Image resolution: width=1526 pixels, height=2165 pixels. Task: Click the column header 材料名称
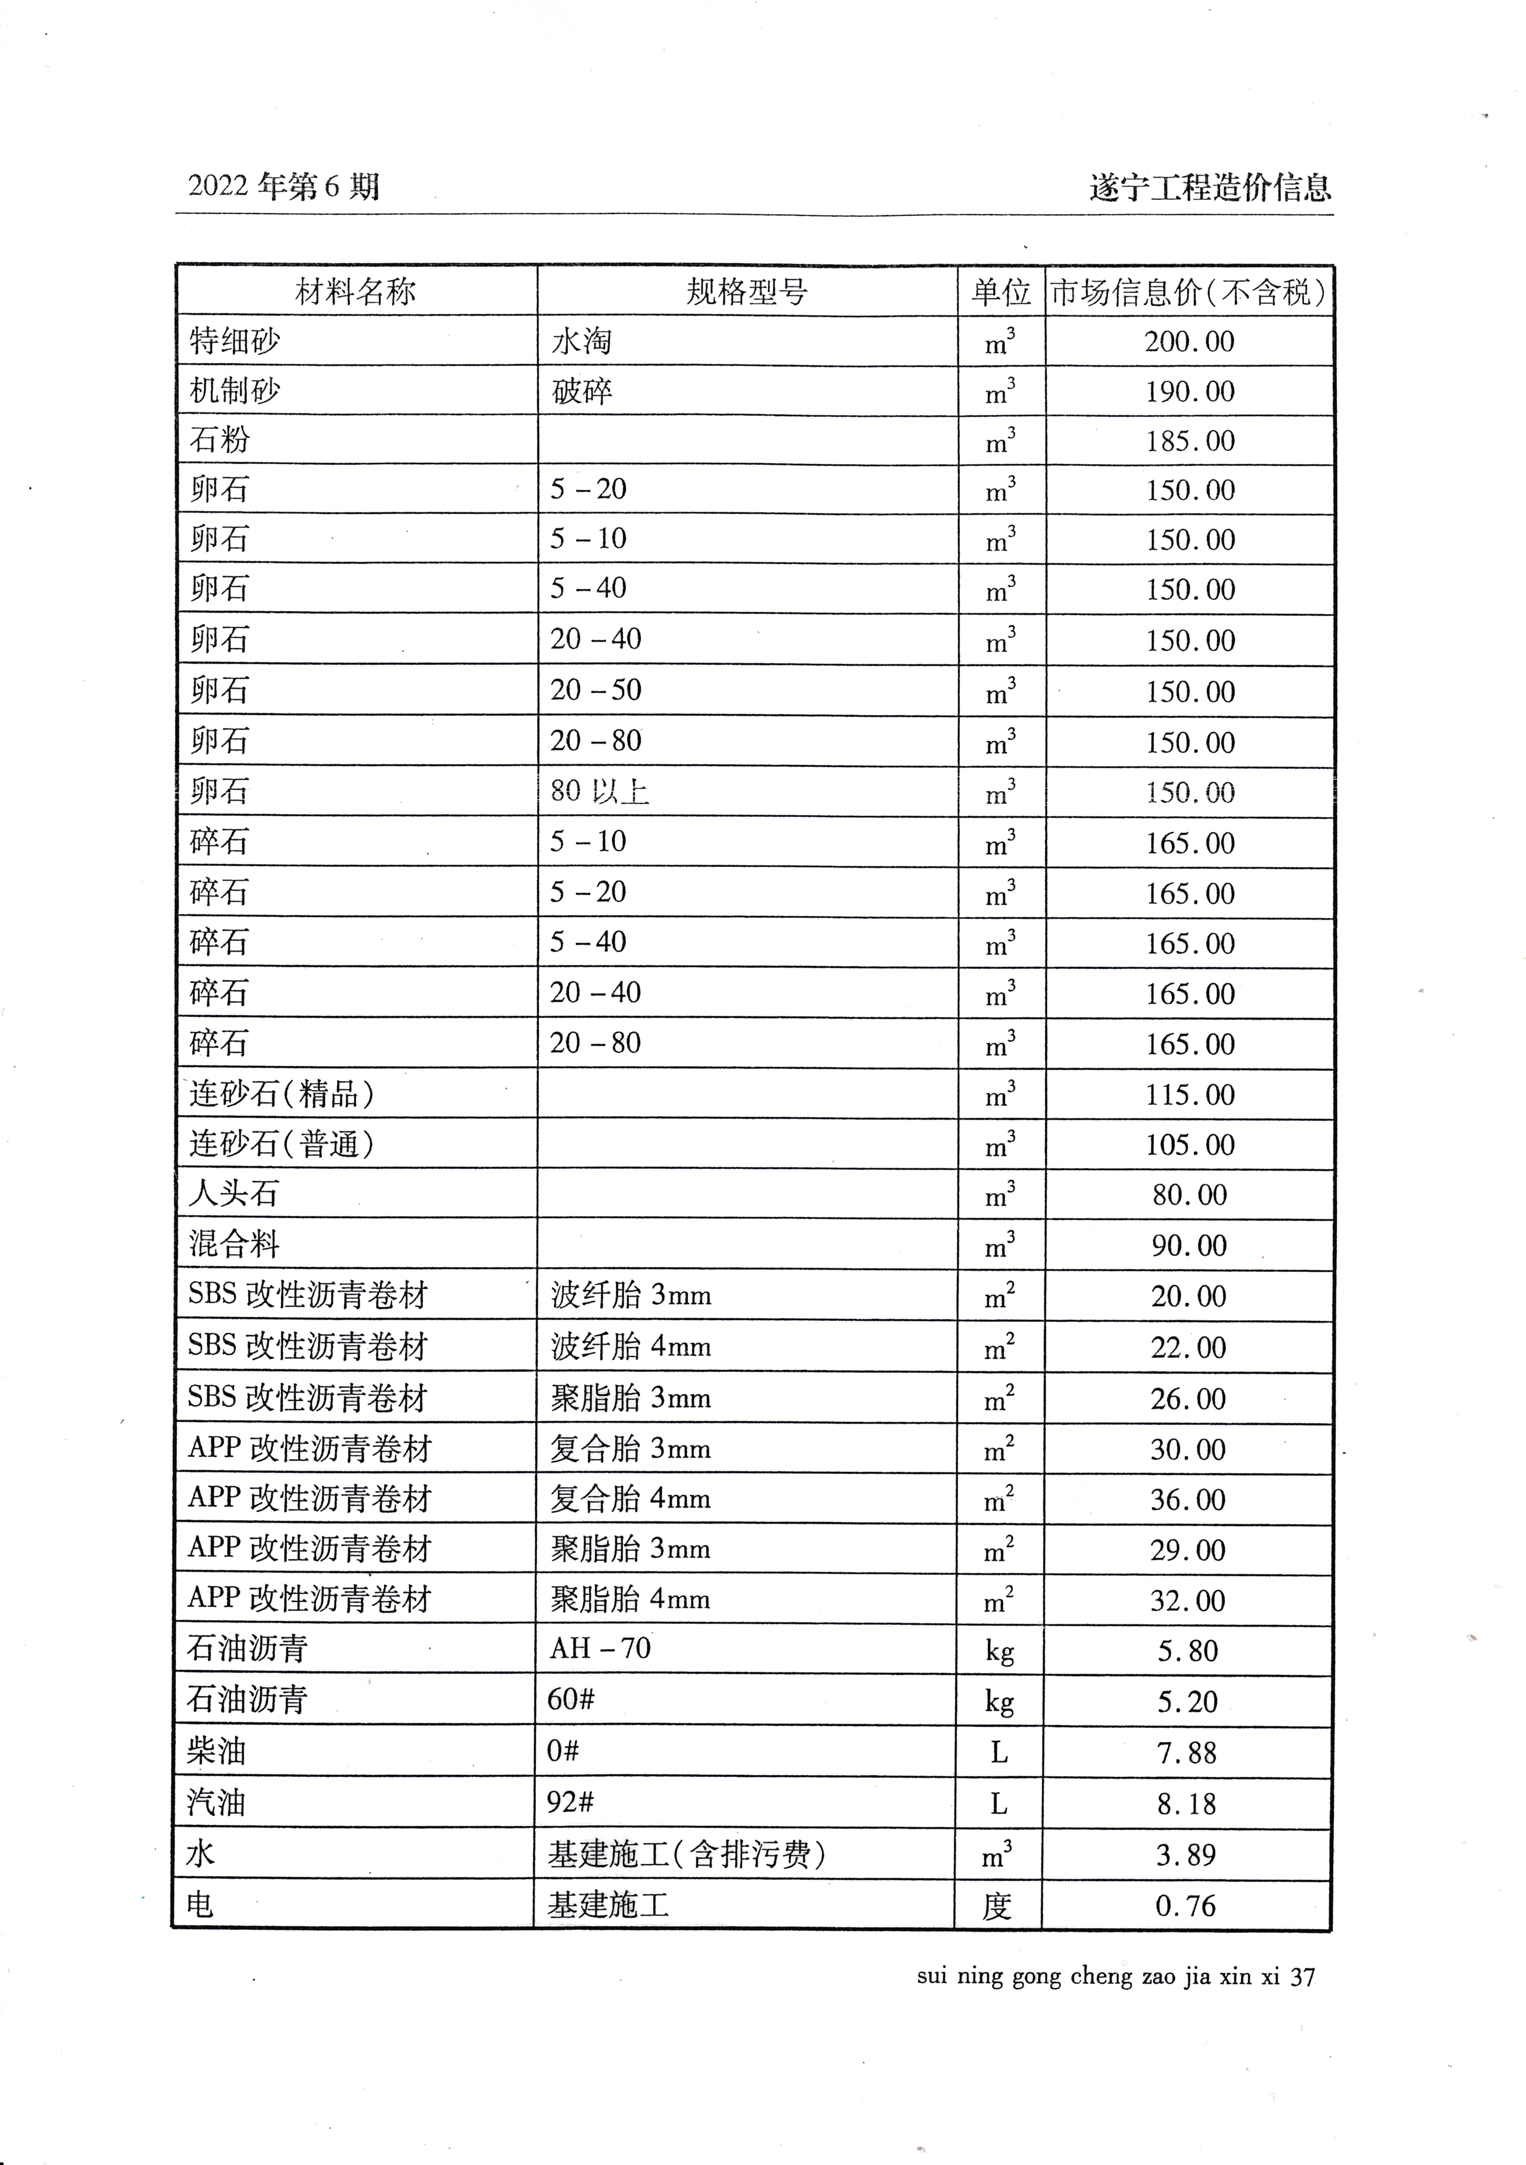click(x=356, y=291)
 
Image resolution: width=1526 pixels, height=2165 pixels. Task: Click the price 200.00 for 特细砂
click(x=1190, y=341)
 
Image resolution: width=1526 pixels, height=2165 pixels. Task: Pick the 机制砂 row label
click(x=234, y=391)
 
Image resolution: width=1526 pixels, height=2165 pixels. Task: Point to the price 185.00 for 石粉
click(x=1190, y=441)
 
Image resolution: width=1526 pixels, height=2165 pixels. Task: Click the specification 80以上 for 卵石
click(x=600, y=790)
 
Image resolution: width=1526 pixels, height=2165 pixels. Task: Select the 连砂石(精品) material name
click(x=282, y=1094)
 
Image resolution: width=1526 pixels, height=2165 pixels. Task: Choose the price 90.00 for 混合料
click(x=1188, y=1245)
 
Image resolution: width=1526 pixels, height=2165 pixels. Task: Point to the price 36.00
click(x=1188, y=1499)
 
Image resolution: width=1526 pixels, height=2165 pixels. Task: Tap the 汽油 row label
click(x=216, y=1803)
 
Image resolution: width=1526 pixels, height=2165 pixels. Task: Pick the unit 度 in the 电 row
click(x=997, y=1906)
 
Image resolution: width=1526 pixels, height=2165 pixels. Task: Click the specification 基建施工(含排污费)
click(x=686, y=1855)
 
